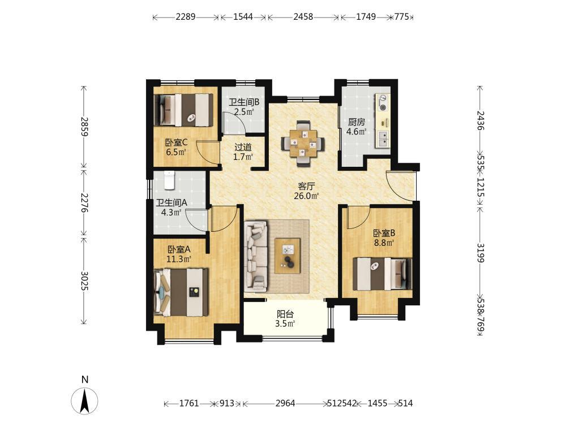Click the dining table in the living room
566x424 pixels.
tap(303, 144)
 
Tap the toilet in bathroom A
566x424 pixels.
tap(169, 180)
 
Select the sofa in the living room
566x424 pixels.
tap(256, 256)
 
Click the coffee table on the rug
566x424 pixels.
tap(288, 256)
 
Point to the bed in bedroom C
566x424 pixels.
tap(183, 110)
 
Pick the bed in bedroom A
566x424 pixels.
tap(181, 292)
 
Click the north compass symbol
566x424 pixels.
tap(84, 400)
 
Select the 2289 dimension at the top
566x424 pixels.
tap(186, 17)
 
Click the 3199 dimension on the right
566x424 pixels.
tap(480, 253)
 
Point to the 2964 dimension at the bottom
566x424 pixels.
tap(285, 403)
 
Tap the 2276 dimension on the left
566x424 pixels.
tap(84, 202)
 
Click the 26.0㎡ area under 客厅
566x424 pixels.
tap(306, 196)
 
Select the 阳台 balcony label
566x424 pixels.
tap(285, 314)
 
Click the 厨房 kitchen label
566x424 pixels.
tap(357, 122)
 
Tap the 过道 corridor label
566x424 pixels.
tap(243, 147)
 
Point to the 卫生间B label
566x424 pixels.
tap(244, 102)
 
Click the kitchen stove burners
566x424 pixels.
tap(383, 102)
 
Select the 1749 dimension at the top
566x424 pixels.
tap(366, 17)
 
